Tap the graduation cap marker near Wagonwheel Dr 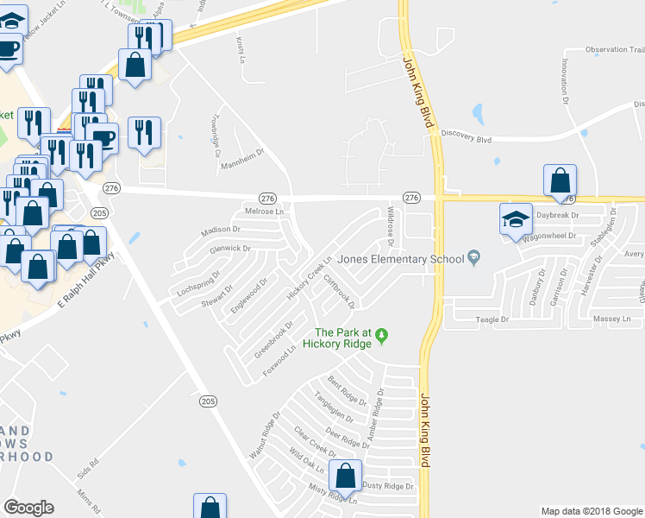(x=516, y=219)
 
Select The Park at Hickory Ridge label (x=342, y=338)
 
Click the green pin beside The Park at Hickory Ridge (x=385, y=333)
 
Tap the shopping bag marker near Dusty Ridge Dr (x=345, y=476)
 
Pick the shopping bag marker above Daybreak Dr (x=560, y=180)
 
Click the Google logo (x=28, y=507)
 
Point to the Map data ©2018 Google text (x=592, y=511)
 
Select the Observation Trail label (x=615, y=49)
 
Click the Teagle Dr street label (x=495, y=320)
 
